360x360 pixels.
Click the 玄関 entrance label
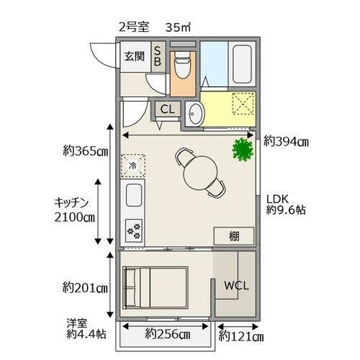point(133,57)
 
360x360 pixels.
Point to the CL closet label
point(167,109)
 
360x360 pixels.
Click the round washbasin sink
point(194,113)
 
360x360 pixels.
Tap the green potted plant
point(242,150)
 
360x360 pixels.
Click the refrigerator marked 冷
point(132,166)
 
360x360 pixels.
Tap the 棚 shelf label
point(234,235)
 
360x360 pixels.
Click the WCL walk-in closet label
point(236,285)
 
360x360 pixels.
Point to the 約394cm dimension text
point(286,141)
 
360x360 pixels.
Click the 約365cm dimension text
point(85,151)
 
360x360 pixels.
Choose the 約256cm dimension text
point(167,334)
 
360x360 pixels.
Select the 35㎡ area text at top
point(177,28)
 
